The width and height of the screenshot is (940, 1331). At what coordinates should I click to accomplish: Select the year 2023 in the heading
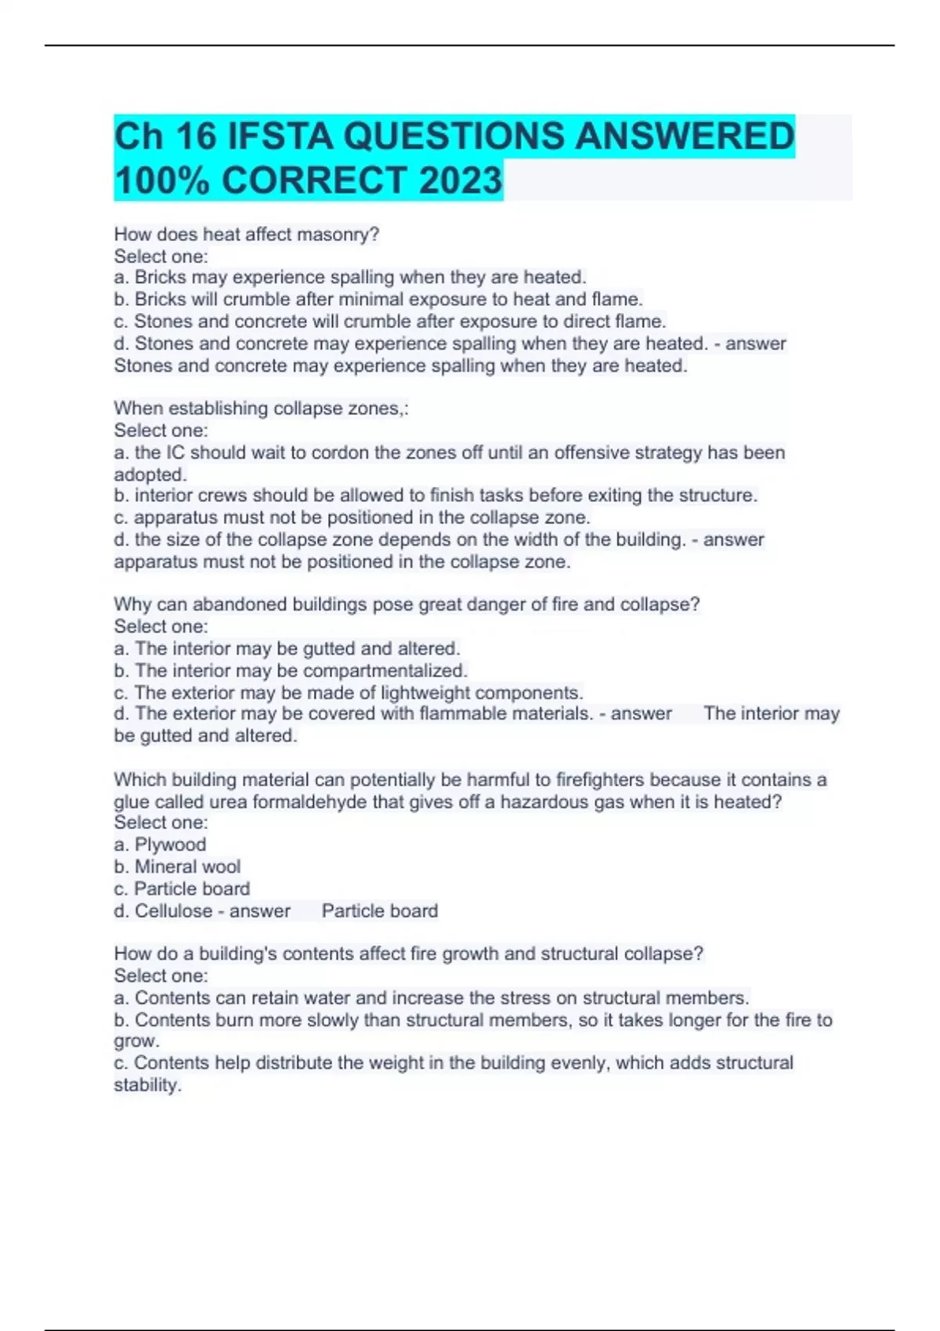[460, 180]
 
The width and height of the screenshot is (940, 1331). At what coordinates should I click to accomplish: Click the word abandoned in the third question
[239, 604]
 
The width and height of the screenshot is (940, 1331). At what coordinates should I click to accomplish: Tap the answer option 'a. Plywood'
[161, 845]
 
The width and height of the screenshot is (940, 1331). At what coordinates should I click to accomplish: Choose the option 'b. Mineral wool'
[177, 867]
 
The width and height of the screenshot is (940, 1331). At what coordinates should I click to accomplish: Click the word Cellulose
[174, 911]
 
